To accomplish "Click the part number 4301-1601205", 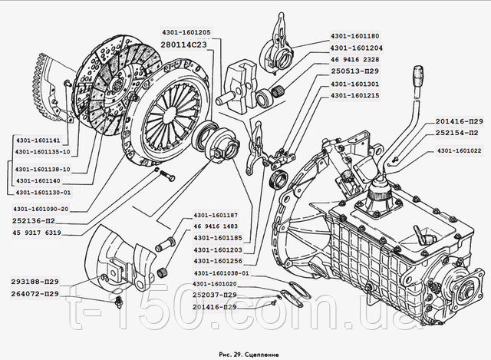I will coord(190,33).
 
